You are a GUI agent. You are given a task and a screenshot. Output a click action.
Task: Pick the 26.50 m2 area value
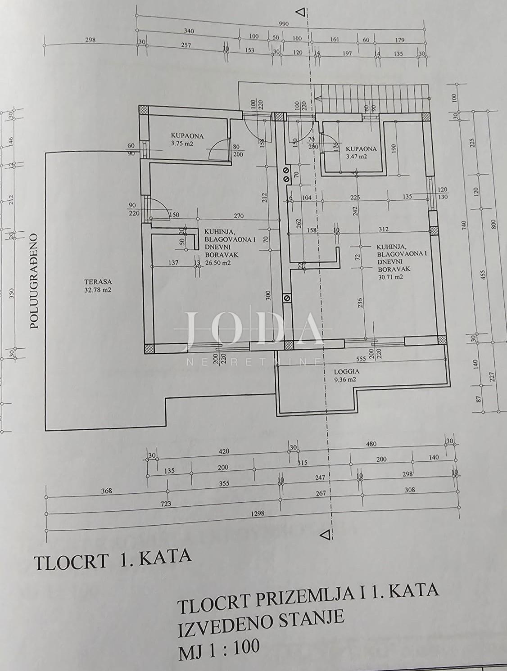tap(218, 263)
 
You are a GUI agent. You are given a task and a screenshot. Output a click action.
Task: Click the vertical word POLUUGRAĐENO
tap(35, 281)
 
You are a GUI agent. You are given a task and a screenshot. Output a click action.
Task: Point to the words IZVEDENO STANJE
tap(261, 621)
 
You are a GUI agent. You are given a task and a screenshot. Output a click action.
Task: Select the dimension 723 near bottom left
tap(165, 504)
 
